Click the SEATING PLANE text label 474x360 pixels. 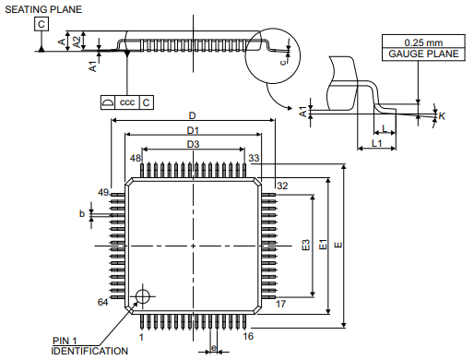point(42,9)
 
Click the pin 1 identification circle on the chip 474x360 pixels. point(142,296)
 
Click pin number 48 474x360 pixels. point(136,159)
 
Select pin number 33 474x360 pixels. point(254,159)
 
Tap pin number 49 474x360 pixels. point(104,192)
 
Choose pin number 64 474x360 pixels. point(104,302)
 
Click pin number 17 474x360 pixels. point(281,303)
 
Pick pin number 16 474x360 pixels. point(248,337)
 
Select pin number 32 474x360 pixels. point(282,186)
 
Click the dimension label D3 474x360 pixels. point(193,144)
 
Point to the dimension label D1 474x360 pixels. point(193,131)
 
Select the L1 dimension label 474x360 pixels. point(376,145)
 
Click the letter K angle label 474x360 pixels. point(443,116)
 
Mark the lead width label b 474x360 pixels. point(82,214)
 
